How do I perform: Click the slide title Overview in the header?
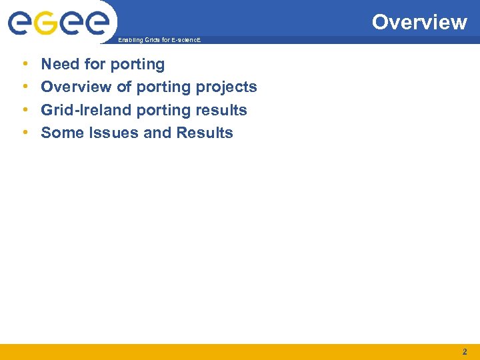419,22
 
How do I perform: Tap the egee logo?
59,23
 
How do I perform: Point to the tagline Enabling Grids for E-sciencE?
159,41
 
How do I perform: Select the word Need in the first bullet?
59,65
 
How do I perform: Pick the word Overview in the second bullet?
76,87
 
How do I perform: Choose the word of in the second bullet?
123,87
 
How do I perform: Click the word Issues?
113,133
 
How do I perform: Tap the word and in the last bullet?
157,133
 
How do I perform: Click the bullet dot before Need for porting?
25,65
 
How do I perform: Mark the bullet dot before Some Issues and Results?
25,133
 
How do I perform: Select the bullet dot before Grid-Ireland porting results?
25,110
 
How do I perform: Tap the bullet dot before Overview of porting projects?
25,87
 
